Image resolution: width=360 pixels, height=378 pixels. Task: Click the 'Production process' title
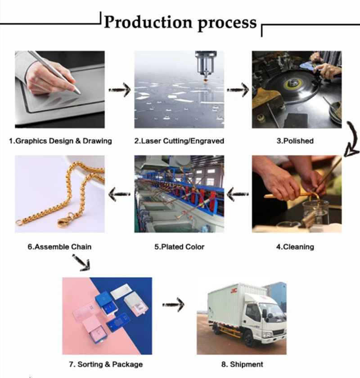click(x=180, y=22)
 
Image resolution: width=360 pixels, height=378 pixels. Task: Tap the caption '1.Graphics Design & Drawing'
click(x=60, y=141)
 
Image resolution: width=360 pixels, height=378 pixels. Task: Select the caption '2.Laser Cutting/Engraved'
click(x=179, y=141)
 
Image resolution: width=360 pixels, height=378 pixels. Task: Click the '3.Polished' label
click(x=295, y=141)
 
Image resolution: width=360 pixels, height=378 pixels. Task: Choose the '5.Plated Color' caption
click(x=179, y=247)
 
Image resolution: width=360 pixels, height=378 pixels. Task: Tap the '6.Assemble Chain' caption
click(x=59, y=247)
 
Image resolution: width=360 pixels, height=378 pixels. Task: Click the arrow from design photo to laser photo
click(x=120, y=90)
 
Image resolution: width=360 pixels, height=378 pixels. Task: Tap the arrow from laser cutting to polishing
click(x=238, y=90)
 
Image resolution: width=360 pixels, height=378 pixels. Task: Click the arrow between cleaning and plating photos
click(x=238, y=194)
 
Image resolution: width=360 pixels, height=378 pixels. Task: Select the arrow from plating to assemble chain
click(x=120, y=194)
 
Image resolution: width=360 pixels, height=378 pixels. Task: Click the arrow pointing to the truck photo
click(x=174, y=305)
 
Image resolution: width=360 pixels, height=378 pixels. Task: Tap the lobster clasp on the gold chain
click(x=64, y=220)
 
